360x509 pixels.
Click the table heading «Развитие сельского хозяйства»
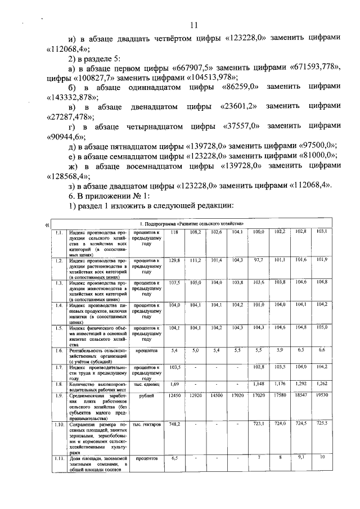[196, 224]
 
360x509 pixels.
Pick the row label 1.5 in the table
[58, 327]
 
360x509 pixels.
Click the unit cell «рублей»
[146, 396]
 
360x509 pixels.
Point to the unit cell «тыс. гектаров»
[146, 423]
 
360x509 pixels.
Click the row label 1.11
[59, 458]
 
